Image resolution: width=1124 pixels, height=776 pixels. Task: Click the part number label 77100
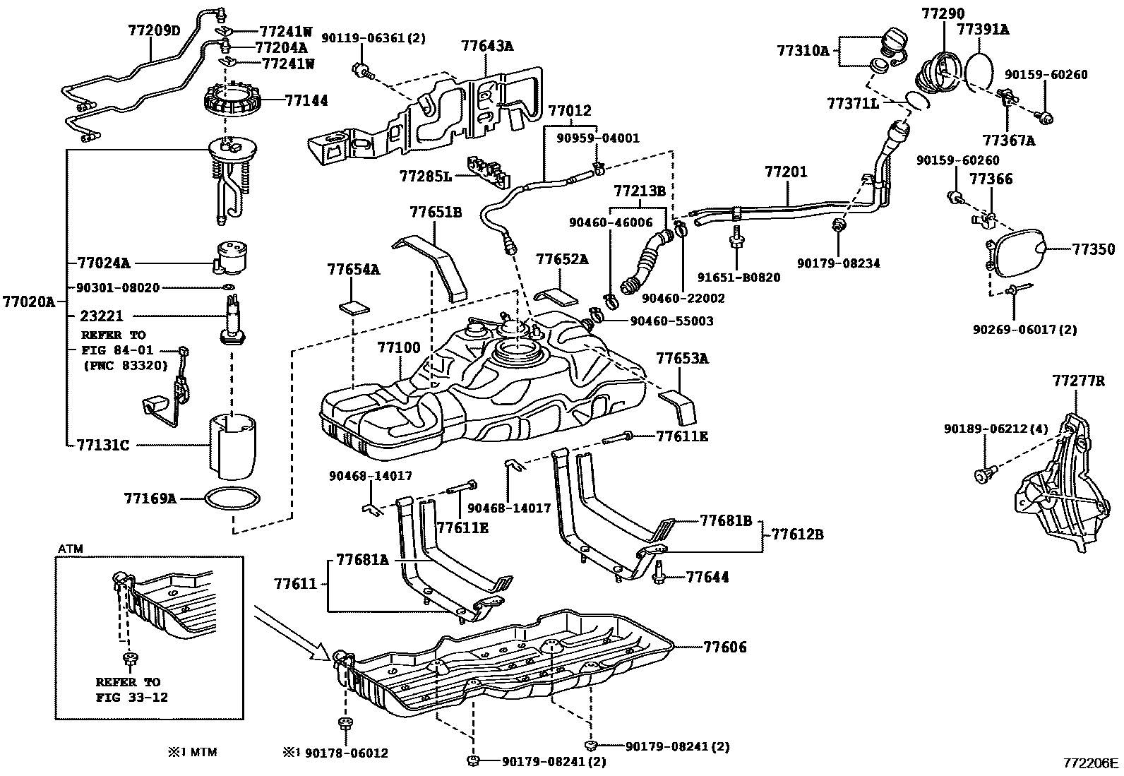tap(399, 347)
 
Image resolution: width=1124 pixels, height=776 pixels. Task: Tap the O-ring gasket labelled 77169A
tap(232, 499)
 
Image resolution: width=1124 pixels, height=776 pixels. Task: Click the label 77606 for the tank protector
tap(724, 647)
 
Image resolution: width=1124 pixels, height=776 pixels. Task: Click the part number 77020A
tap(29, 302)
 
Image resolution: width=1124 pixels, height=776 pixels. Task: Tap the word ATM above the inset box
tap(71, 549)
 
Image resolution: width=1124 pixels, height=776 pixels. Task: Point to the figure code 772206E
tap(1090, 763)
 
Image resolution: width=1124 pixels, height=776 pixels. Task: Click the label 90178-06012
tap(346, 753)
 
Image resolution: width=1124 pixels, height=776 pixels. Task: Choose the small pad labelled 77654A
tap(354, 306)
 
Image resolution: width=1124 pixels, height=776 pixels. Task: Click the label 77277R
tap(1078, 381)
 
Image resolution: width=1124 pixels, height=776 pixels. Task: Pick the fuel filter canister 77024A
tap(230, 258)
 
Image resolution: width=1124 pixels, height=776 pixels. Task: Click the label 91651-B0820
tap(739, 277)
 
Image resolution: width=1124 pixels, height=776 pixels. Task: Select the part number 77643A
tap(487, 46)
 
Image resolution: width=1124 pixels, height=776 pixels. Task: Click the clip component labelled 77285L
tap(489, 172)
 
